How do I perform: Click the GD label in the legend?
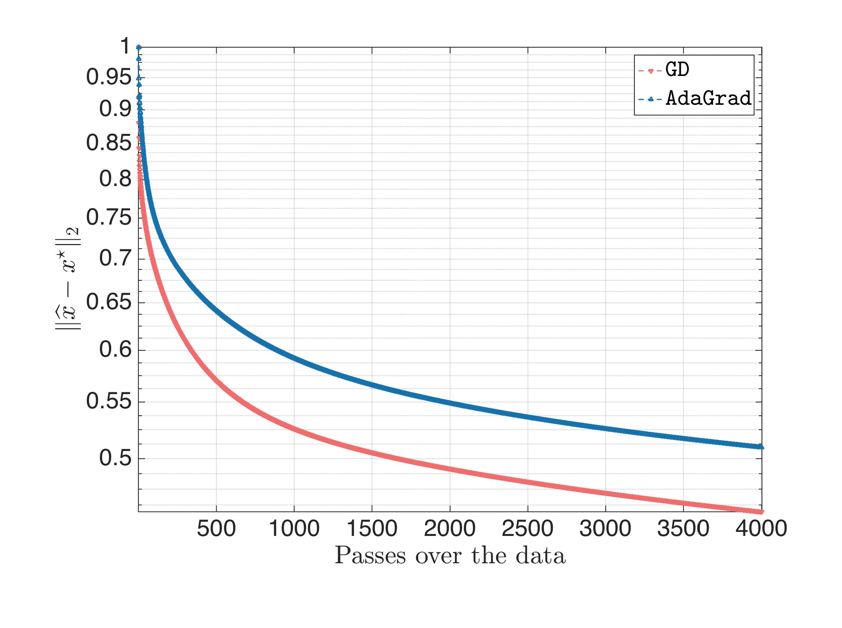[677, 70]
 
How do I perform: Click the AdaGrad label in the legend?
[708, 98]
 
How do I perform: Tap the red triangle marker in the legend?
[650, 71]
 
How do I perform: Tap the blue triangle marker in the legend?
[650, 99]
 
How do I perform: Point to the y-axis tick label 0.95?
[109, 77]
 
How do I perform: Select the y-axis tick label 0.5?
[115, 458]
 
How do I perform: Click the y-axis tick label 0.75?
[109, 217]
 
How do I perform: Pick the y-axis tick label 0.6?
[115, 349]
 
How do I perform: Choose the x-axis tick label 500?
[216, 528]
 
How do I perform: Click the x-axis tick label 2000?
[450, 528]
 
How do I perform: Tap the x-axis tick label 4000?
[761, 528]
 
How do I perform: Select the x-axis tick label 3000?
[605, 528]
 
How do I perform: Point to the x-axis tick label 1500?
[372, 528]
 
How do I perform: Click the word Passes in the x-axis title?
[370, 556]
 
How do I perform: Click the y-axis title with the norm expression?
[68, 278]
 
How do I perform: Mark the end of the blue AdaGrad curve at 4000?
[761, 447]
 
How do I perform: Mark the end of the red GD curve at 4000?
[761, 512]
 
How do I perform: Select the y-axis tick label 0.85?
[109, 143]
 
